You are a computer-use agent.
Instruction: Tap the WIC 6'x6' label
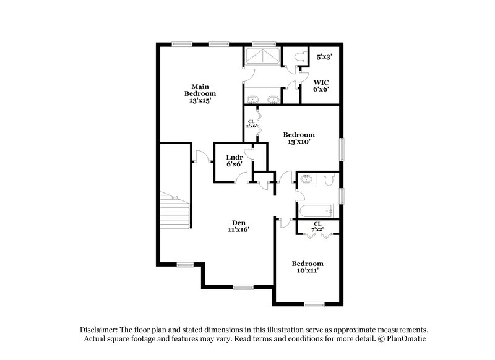(x=321, y=85)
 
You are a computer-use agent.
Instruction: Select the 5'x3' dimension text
(x=325, y=57)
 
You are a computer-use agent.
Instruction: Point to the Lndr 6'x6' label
(x=233, y=160)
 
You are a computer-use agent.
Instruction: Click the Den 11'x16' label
(x=239, y=226)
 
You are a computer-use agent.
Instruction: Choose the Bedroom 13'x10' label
(x=299, y=138)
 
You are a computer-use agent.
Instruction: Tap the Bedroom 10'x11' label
(x=308, y=267)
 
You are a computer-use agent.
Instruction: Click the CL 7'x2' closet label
(x=317, y=227)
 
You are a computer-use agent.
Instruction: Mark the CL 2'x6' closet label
(x=252, y=124)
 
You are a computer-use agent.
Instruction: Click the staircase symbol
(x=175, y=211)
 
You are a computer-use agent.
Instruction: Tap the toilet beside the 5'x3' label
(x=300, y=57)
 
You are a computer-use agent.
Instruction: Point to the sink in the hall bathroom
(x=306, y=180)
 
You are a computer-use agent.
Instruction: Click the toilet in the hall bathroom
(x=329, y=179)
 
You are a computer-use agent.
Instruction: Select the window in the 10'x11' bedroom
(x=314, y=304)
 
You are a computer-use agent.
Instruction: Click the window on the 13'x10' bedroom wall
(x=342, y=150)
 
